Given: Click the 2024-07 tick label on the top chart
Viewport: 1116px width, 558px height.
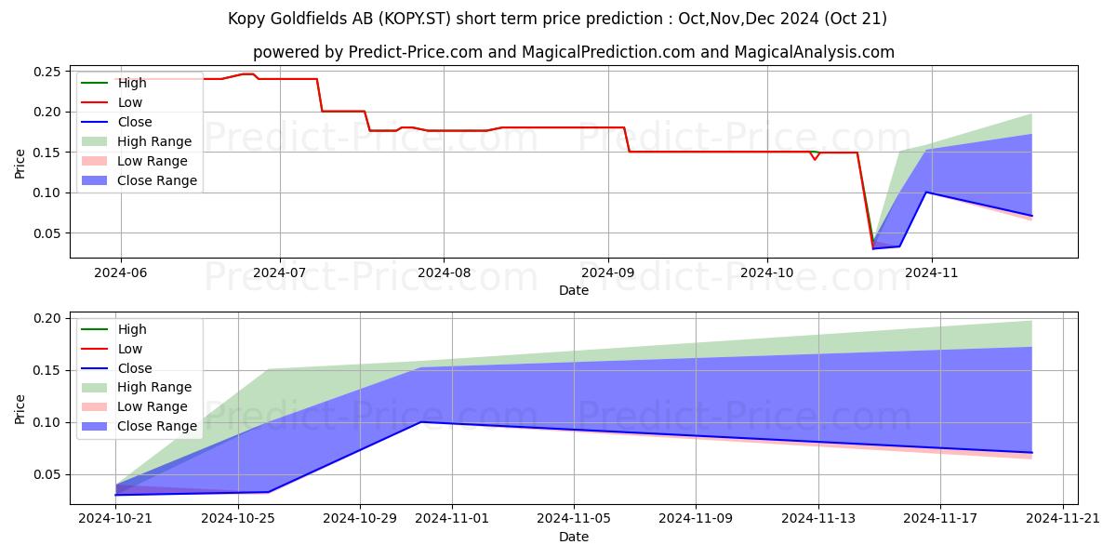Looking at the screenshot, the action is tap(280, 273).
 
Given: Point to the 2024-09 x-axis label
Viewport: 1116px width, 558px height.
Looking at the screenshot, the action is tap(608, 273).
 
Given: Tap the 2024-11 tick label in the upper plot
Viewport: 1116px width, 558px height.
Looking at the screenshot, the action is tap(931, 273).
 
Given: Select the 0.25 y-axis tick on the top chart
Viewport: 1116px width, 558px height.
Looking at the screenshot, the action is tap(47, 72).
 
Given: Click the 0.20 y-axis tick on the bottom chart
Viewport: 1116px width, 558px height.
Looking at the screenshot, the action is tap(47, 318).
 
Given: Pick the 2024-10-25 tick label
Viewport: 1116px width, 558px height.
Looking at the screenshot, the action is tap(238, 519).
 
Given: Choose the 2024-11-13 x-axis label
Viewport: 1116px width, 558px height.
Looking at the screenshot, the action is tap(818, 519).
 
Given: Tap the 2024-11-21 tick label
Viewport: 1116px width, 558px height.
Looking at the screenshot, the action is tap(1063, 519).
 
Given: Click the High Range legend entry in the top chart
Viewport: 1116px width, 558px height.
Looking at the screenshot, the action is tap(136, 141).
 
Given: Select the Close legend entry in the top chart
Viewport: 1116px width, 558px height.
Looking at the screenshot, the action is tap(116, 122).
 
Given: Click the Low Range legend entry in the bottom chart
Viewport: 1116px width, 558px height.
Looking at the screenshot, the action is tap(135, 406).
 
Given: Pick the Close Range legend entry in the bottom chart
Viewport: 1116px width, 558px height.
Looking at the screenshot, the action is tap(139, 426).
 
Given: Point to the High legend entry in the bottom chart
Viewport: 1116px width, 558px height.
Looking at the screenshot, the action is tap(113, 329).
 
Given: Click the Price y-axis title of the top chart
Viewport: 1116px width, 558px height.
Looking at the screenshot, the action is tap(20, 164).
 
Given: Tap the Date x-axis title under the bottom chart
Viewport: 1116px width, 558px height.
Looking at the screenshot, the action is tap(574, 537).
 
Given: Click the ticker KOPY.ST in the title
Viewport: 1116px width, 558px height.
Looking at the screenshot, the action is tap(415, 19).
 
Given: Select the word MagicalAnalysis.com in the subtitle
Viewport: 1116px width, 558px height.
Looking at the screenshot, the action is tap(814, 52).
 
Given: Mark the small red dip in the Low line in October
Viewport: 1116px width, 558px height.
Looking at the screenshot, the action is tap(815, 159).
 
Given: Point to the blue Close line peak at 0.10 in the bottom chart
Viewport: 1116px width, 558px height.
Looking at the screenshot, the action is tap(421, 422).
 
